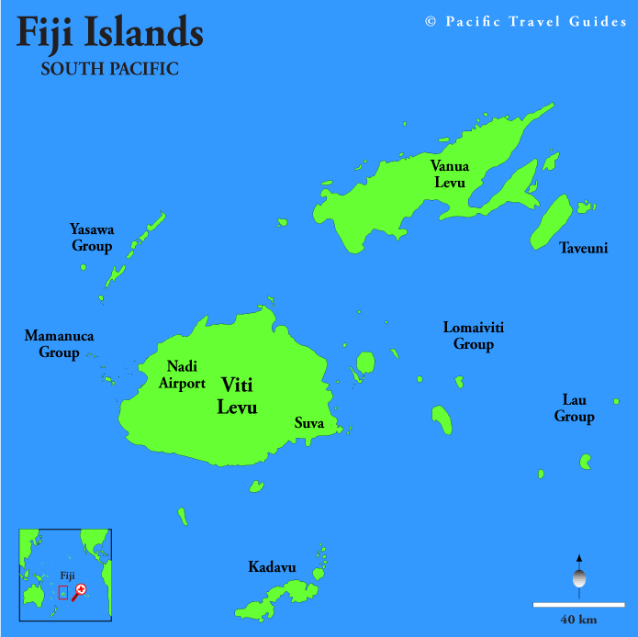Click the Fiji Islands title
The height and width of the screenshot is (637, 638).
110,34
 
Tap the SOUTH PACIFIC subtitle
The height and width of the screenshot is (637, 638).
109,69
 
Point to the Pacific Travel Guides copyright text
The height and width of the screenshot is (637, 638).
526,21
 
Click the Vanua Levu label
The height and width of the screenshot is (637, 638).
450,173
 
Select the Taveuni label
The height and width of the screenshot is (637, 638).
583,248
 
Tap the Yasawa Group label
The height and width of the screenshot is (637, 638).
92,237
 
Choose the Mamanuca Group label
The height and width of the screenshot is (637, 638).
59,344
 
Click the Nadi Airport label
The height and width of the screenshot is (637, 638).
182,374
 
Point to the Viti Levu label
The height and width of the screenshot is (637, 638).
237,396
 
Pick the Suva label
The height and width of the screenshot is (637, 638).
308,423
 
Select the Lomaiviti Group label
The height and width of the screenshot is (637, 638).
474,336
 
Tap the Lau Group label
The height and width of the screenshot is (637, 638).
575,408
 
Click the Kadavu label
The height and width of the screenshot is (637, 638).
272,567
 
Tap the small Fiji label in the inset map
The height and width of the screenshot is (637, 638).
67,576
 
